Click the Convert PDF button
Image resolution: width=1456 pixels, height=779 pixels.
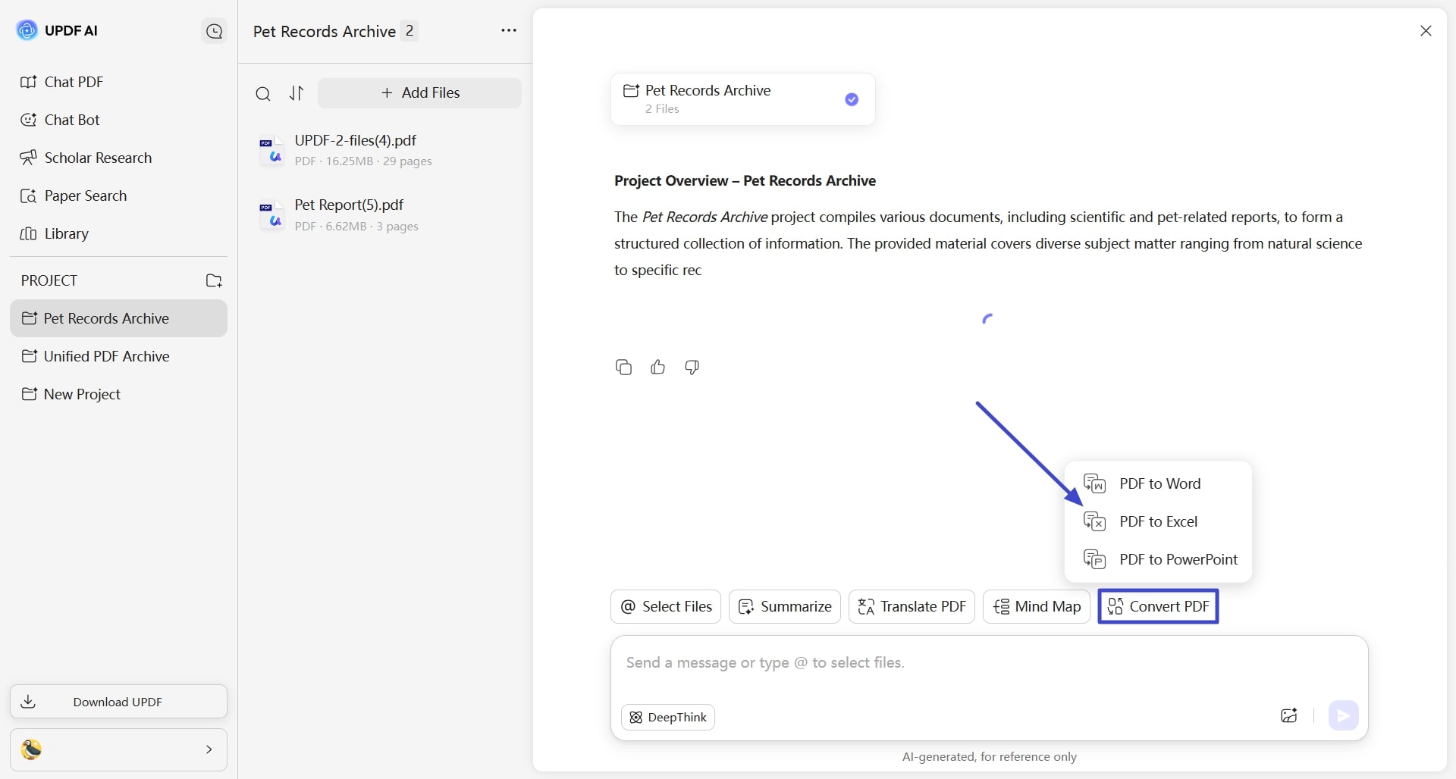coord(1158,606)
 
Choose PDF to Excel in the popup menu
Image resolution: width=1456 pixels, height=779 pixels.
coord(1158,521)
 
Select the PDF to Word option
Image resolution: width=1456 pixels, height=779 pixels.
coord(1158,483)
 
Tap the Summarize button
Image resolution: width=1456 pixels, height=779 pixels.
coord(784,606)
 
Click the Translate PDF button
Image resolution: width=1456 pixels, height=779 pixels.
coord(912,606)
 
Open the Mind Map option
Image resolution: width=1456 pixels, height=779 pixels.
coord(1036,606)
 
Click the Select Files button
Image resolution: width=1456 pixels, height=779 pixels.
coord(665,606)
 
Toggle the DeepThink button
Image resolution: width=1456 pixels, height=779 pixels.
coord(667,717)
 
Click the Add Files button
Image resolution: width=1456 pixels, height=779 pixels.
coord(419,92)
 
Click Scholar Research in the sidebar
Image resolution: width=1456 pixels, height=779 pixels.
coord(97,158)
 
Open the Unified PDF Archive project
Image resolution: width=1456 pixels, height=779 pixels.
coord(106,356)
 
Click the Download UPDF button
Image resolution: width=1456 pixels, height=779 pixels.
coord(118,702)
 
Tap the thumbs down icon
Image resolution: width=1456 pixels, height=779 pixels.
coord(692,367)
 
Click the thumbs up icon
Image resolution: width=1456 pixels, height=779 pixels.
coord(657,367)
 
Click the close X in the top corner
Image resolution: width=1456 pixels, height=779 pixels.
coord(1426,30)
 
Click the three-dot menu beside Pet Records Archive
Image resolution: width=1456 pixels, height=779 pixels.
coord(508,30)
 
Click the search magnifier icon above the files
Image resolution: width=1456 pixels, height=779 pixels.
coord(263,93)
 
